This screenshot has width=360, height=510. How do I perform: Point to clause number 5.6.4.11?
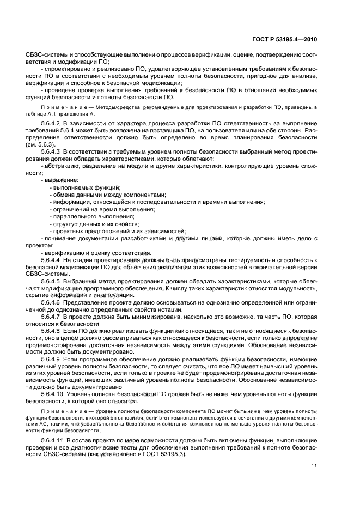[x=54, y=439]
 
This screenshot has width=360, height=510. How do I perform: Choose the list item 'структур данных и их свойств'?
[x=96, y=223]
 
